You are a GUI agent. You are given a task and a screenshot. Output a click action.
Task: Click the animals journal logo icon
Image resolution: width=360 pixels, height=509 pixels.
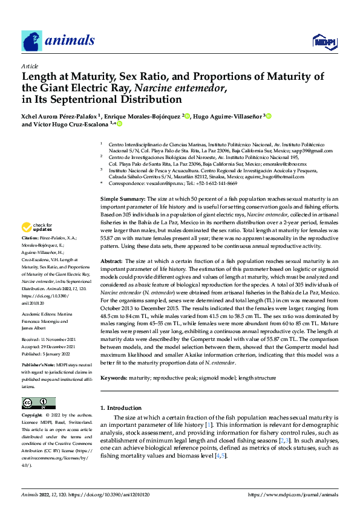click(x=31, y=41)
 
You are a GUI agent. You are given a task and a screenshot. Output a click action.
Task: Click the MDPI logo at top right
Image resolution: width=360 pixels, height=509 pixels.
click(x=324, y=41)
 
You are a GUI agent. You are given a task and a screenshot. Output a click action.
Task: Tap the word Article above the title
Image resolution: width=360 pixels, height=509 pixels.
click(x=30, y=66)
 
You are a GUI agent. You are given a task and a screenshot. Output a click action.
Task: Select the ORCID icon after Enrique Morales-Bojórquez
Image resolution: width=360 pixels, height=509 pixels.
click(x=187, y=116)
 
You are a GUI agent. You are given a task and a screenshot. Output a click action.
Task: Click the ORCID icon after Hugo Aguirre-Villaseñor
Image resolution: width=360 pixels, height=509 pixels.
click(x=268, y=116)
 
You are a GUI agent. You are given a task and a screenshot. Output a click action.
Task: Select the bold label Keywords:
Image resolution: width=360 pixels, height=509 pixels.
click(x=117, y=377)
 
